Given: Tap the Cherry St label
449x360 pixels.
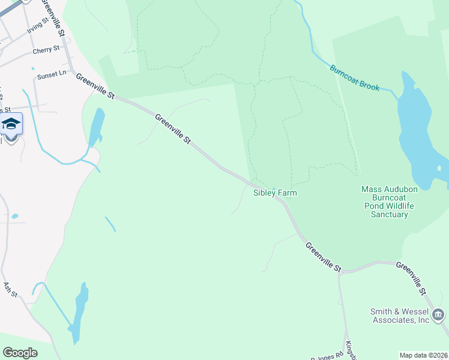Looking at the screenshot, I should (46, 50).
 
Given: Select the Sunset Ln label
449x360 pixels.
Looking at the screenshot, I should (52, 74).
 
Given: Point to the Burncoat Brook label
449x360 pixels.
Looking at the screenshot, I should (354, 77).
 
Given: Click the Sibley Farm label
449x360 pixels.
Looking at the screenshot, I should (275, 193).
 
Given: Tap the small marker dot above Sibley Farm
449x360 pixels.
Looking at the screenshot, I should (274, 189).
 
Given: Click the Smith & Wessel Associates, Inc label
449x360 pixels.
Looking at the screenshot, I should (399, 316).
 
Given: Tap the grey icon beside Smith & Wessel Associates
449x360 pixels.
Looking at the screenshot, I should (438, 314).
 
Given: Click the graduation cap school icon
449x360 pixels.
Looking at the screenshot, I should (11, 124).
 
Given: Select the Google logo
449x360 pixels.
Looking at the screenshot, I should (20, 353).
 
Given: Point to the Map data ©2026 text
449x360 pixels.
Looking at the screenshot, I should (423, 355).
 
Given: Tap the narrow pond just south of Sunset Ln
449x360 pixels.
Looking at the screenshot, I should (97, 127).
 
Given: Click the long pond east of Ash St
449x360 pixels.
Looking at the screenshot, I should (79, 312).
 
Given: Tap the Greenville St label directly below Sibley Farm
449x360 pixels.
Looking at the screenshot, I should (323, 256).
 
